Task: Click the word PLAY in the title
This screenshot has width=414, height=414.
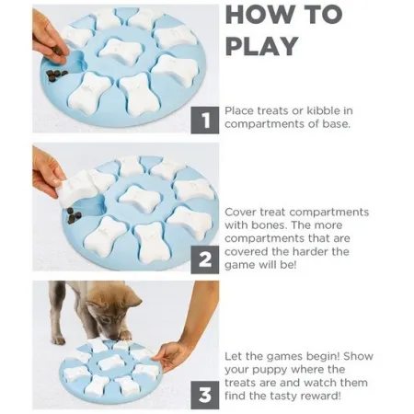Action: (x=262, y=46)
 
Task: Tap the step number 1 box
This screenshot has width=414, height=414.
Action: (x=205, y=121)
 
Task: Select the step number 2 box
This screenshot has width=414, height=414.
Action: (x=205, y=259)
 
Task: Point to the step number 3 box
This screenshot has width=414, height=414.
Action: (x=205, y=395)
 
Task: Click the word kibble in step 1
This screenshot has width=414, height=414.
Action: (x=324, y=110)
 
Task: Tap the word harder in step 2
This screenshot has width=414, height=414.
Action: (x=308, y=251)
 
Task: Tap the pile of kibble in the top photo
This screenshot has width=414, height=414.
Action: (x=57, y=75)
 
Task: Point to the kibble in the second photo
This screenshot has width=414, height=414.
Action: (x=75, y=215)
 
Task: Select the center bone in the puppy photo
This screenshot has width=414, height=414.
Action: (x=112, y=362)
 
